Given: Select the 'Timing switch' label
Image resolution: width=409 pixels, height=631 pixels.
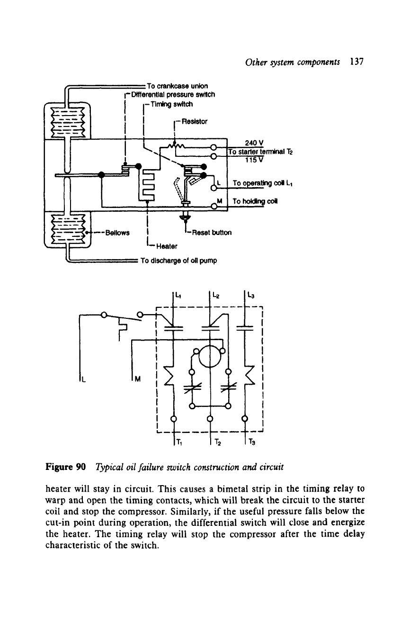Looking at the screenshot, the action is (x=172, y=104).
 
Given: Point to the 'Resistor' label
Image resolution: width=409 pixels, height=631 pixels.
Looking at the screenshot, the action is (x=195, y=122).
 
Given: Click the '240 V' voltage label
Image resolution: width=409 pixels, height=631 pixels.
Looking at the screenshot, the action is (x=254, y=143).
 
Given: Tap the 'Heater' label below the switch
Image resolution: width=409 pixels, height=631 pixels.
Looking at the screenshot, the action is (x=167, y=246).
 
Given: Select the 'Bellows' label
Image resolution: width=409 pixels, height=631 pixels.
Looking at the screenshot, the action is (x=117, y=233).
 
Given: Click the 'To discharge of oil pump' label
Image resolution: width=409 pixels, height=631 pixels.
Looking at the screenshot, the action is (x=179, y=261).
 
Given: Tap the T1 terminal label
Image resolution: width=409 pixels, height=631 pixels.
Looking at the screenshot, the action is (x=179, y=442).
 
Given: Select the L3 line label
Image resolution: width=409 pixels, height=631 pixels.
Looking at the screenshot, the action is (x=250, y=296).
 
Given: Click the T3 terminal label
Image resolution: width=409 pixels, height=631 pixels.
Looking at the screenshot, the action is (x=252, y=442).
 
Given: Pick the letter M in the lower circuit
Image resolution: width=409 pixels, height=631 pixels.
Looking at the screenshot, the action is (x=138, y=379).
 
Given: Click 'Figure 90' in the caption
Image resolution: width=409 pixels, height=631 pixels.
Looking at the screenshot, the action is (x=66, y=467).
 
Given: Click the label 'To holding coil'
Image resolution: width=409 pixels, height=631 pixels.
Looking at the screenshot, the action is (x=255, y=201).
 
